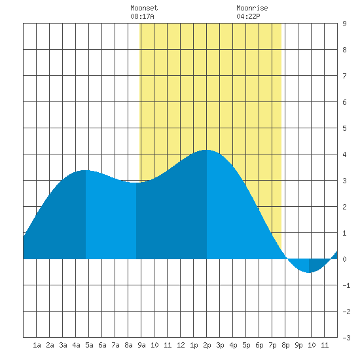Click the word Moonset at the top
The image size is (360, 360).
[144, 8]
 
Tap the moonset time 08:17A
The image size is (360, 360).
[142, 16]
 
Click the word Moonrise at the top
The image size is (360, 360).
[252, 8]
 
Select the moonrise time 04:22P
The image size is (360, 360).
[248, 16]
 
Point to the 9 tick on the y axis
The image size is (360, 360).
[344, 24]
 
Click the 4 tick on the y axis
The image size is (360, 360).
[344, 154]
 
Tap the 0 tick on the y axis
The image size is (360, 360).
[344, 259]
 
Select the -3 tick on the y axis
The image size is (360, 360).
[346, 338]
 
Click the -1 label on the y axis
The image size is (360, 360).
[346, 285]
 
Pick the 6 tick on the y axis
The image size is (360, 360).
[344, 102]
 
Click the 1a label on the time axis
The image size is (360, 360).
[37, 345]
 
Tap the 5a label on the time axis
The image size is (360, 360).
[89, 345]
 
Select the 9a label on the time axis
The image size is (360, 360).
[141, 345]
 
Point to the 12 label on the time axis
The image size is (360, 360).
[181, 345]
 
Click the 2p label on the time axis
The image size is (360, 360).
[207, 345]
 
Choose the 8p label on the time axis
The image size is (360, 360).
[285, 345]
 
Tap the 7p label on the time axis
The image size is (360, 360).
[272, 345]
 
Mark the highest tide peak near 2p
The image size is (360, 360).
[206, 150]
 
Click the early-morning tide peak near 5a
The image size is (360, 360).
[85, 171]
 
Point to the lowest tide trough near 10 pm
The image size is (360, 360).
[309, 272]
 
